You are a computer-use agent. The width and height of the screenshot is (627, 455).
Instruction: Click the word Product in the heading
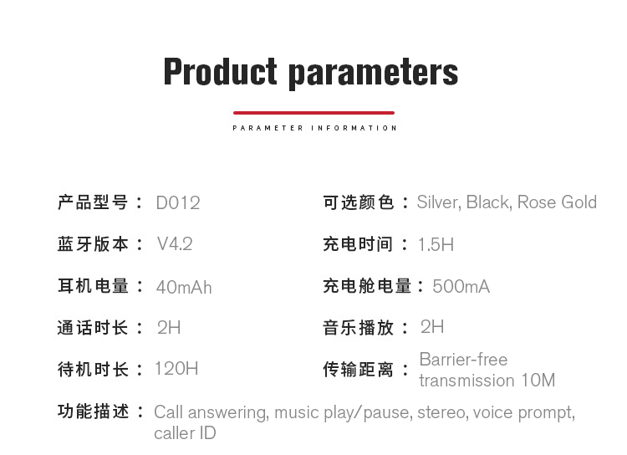click(x=221, y=71)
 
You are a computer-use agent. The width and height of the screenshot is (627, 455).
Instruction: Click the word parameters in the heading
click(x=374, y=74)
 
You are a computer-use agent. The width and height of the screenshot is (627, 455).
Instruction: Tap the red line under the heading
click(x=313, y=113)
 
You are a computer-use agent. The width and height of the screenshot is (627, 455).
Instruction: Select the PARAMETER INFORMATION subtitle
click(x=314, y=128)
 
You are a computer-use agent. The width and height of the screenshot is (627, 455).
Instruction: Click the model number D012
click(x=178, y=203)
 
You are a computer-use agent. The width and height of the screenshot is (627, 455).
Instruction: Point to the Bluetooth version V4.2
click(x=175, y=243)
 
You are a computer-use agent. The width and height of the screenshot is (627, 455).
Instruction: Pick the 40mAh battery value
click(x=184, y=288)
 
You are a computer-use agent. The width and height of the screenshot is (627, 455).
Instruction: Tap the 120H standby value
click(x=176, y=369)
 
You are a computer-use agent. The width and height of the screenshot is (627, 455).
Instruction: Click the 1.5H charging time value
click(x=436, y=244)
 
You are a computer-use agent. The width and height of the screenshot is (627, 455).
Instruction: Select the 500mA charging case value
click(x=461, y=287)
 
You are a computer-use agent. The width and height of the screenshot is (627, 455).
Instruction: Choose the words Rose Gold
click(x=557, y=202)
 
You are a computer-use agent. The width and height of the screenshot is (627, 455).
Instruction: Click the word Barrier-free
click(x=463, y=360)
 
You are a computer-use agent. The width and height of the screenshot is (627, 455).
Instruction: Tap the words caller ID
click(x=185, y=433)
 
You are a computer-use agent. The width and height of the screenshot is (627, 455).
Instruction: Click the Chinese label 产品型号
click(x=93, y=202)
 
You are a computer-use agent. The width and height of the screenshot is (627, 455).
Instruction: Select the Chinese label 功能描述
click(x=93, y=412)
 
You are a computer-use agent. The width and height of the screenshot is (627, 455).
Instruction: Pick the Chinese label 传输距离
click(x=358, y=370)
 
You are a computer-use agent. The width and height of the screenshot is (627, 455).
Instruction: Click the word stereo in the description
click(x=442, y=412)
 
